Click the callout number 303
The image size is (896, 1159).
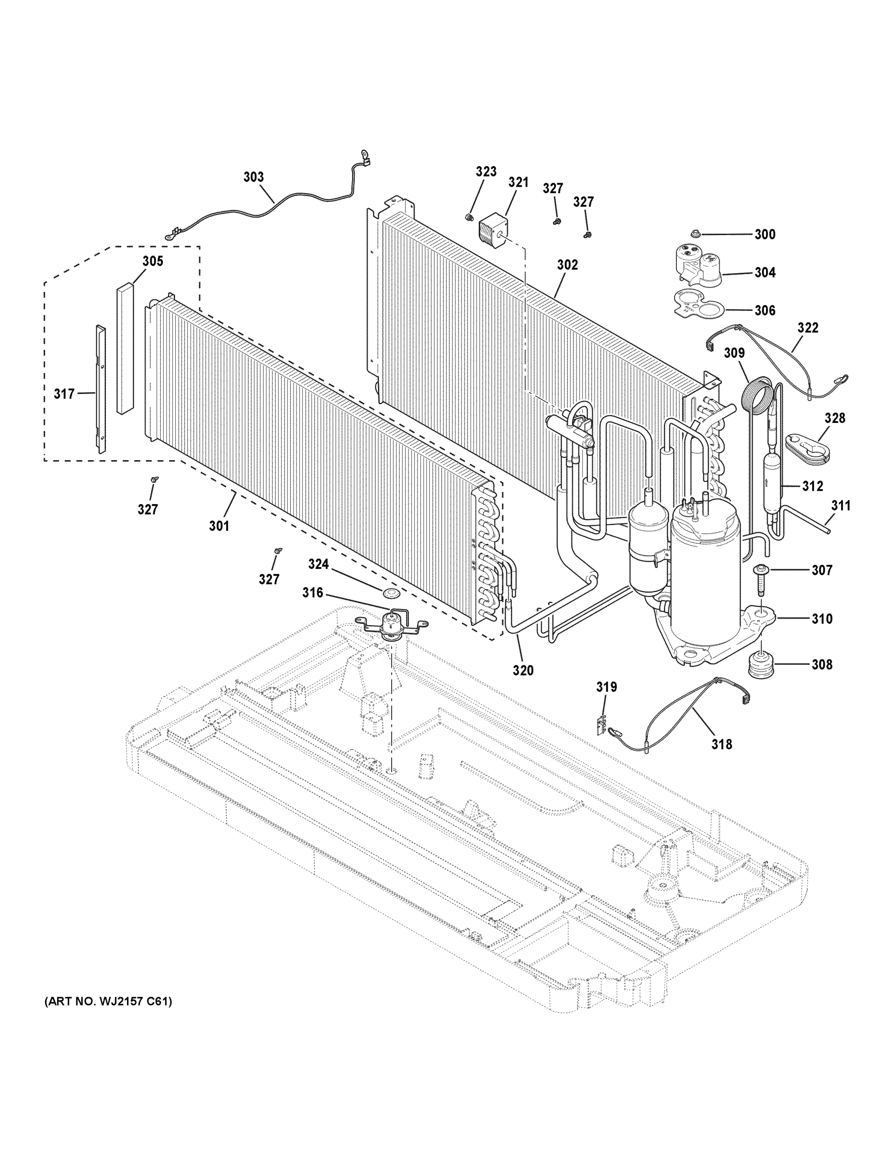tap(253, 177)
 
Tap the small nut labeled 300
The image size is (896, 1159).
tap(696, 234)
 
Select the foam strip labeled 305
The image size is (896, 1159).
tap(125, 348)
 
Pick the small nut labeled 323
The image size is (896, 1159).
tap(469, 216)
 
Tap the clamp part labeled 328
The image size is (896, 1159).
tap(807, 444)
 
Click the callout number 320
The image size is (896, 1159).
tap(523, 670)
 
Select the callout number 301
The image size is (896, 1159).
tap(219, 526)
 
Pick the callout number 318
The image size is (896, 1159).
tap(721, 744)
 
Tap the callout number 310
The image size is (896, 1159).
tap(822, 618)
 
